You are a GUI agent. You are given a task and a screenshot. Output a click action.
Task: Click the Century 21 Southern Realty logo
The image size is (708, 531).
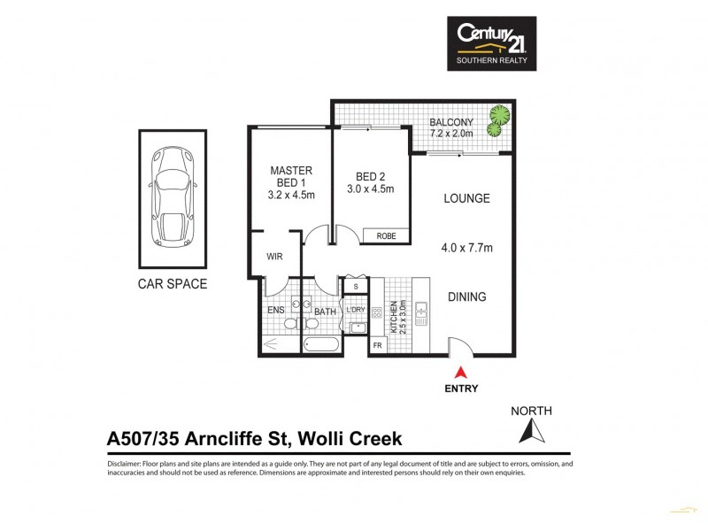pyautogui.click(x=491, y=44)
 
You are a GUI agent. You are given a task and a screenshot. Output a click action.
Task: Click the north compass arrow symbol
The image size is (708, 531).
pyautogui.click(x=532, y=431)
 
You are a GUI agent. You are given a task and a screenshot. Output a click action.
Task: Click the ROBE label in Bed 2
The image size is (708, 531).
pyautogui.click(x=386, y=236)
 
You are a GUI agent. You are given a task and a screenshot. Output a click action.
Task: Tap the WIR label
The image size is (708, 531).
pyautogui.click(x=274, y=257)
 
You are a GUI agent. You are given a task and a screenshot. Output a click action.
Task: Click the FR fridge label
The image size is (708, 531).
pyautogui.click(x=377, y=345)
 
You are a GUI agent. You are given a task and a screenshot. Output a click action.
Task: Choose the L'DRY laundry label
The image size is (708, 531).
pyautogui.click(x=356, y=310)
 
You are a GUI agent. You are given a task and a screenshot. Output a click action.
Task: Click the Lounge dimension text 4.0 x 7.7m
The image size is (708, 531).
pyautogui.click(x=466, y=250)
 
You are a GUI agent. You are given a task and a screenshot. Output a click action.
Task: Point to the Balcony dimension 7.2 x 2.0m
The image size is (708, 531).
pyautogui.click(x=451, y=133)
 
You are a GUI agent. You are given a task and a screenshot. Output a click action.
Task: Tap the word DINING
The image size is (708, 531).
pyautogui.click(x=466, y=297)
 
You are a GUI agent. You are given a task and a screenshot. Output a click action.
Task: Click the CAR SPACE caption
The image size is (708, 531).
pyautogui.click(x=172, y=284)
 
